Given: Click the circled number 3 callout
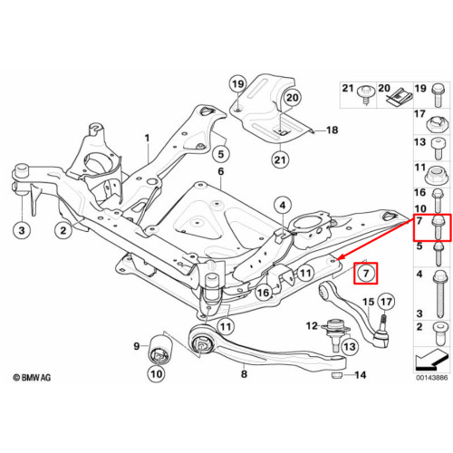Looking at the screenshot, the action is [x=22, y=230].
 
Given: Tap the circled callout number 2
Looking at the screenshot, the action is [x=63, y=230].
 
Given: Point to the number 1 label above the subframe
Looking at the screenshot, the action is [x=147, y=139].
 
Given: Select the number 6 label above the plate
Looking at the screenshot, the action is [x=221, y=171].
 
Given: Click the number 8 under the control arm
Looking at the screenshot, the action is [x=244, y=374].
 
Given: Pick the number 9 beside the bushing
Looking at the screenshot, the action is [x=137, y=346].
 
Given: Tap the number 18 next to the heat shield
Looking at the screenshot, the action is [x=333, y=130].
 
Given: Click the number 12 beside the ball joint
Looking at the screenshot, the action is [x=312, y=326].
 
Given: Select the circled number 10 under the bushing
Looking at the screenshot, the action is [x=156, y=374].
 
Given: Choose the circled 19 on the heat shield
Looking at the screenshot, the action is [x=237, y=84].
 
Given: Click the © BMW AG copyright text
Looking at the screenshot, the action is [x=32, y=378].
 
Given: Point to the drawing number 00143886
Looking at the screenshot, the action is [x=431, y=378].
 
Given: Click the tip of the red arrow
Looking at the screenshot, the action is [x=337, y=259].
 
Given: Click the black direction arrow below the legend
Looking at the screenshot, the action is [x=431, y=360].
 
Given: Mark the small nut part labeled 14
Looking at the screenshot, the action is [x=336, y=375].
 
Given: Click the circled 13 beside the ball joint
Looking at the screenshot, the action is [x=350, y=346].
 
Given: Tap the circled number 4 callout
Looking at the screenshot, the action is [x=283, y=206].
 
